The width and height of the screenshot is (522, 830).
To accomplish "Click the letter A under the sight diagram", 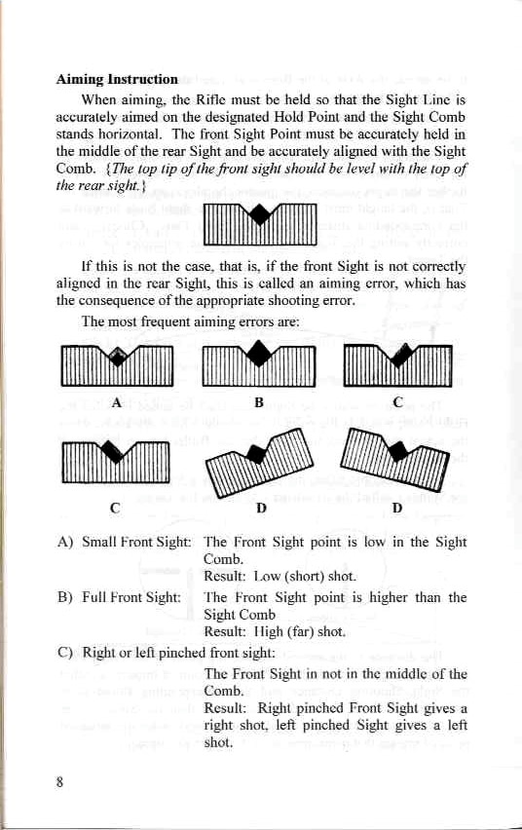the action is click(116, 400).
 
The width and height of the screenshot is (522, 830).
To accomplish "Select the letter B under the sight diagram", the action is click(259, 400).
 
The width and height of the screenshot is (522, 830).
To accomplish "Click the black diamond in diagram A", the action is click(118, 358).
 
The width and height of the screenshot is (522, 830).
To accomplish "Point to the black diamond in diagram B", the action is click(260, 351).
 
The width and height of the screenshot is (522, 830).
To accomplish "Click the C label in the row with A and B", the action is click(398, 400).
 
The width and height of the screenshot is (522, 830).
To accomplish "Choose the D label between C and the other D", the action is click(259, 508).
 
